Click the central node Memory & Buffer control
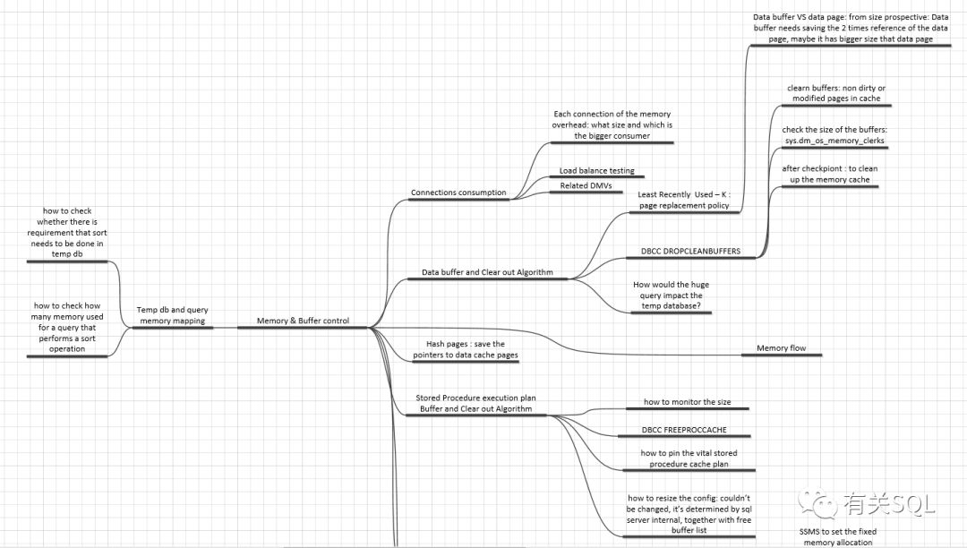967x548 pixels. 303,321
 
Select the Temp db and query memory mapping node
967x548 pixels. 173,314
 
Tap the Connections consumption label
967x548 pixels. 458,193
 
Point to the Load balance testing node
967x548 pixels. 596,170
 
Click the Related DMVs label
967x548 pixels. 586,185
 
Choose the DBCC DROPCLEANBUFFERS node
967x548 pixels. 690,252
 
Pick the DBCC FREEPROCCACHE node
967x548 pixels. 684,430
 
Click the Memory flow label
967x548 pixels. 781,347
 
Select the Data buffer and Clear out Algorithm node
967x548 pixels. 487,271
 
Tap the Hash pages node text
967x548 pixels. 465,349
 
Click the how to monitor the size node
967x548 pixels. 687,402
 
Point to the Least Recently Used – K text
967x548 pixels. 684,200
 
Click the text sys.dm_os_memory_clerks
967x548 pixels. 834,141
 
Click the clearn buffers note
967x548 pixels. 834,93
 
